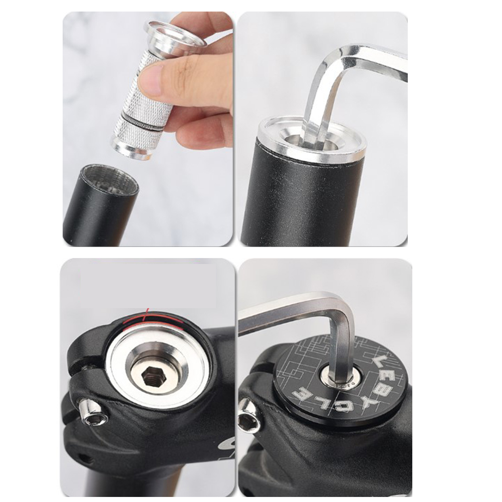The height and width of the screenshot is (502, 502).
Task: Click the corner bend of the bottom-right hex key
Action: point(345,307)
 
